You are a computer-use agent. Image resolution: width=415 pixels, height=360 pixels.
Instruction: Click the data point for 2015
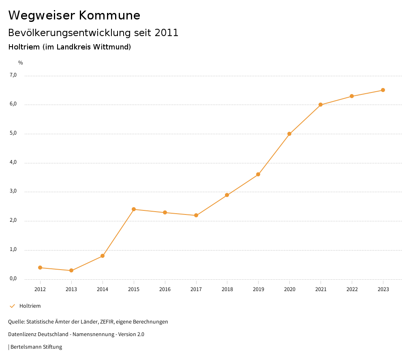[x=134, y=209]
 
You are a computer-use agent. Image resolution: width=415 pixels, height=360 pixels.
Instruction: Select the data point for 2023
[x=383, y=90]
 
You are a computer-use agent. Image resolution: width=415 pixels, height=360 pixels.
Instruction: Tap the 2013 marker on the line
[x=71, y=270]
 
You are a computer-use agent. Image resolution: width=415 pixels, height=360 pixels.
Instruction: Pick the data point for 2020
[x=289, y=134]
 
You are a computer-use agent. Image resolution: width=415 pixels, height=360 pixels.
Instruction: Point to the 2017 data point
[x=196, y=215]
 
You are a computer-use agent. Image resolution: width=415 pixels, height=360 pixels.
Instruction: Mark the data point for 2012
[x=40, y=268]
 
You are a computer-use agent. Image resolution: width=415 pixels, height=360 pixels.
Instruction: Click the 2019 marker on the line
[x=258, y=174]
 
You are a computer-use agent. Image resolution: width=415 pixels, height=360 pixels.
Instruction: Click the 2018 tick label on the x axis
[x=227, y=289]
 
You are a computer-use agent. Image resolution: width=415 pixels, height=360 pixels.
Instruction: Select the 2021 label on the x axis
[x=321, y=289]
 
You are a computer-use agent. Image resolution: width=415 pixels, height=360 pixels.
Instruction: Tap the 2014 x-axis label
[x=103, y=289]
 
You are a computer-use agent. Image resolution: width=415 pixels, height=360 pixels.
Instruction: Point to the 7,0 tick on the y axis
[x=13, y=75]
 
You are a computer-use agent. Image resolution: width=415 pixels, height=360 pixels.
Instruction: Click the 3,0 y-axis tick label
[x=13, y=191]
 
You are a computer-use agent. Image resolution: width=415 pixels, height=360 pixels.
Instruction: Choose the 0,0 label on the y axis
[x=13, y=279]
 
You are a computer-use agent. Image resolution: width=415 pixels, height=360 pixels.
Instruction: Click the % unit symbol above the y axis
[x=20, y=63]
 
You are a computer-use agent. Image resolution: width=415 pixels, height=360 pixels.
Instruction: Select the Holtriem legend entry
[x=30, y=306]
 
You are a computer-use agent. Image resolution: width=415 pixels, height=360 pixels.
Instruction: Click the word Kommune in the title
[x=109, y=15]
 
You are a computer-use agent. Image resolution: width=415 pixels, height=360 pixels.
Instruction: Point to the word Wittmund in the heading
[x=112, y=47]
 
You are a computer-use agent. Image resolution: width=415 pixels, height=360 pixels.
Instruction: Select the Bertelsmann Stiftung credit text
[x=36, y=347]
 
